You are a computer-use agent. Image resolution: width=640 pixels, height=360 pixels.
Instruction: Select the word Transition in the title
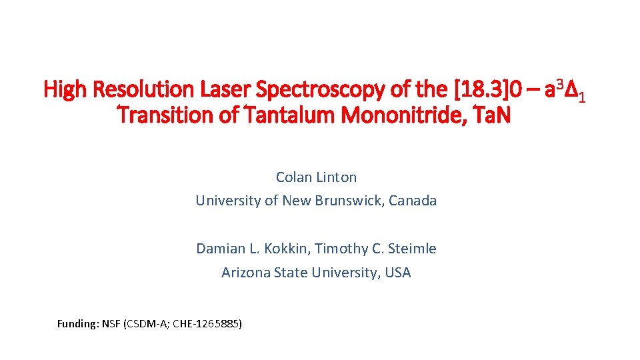158,116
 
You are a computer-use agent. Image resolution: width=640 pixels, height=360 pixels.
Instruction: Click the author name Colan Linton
316,177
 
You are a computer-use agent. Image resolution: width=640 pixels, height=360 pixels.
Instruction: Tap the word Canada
413,201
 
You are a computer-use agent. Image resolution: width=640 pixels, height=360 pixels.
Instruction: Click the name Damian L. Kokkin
251,249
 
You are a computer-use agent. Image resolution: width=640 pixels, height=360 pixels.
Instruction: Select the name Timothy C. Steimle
376,249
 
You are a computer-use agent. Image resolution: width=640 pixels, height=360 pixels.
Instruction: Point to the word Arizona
245,273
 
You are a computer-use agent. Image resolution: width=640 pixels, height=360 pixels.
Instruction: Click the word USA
398,273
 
